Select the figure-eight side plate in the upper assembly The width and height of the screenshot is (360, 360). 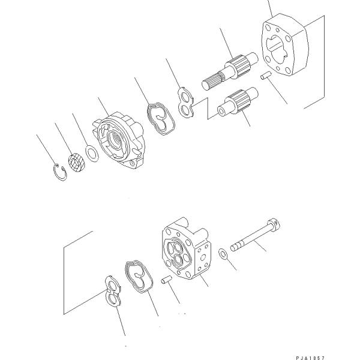187,102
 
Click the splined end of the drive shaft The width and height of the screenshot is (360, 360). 211,79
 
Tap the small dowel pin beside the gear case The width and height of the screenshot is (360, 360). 264,76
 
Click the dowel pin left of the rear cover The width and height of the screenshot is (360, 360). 167,280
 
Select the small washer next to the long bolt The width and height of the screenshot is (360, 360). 223,252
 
